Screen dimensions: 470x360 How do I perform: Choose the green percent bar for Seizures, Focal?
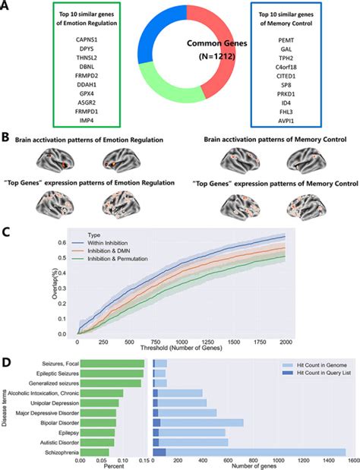click(x=112, y=364)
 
